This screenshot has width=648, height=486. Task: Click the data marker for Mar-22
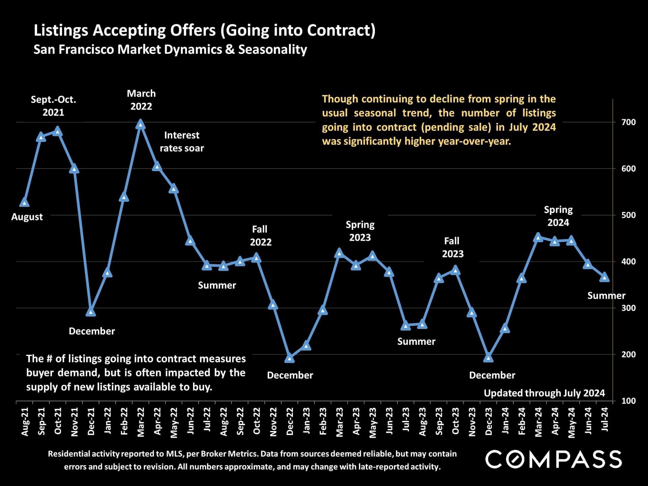pyautogui.click(x=141, y=125)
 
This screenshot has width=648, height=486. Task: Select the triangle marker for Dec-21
pyautogui.click(x=90, y=312)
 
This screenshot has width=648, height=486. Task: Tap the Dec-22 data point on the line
pyautogui.click(x=290, y=358)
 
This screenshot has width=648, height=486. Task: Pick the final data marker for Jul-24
pyautogui.click(x=604, y=277)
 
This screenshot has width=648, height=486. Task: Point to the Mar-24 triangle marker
pyautogui.click(x=538, y=238)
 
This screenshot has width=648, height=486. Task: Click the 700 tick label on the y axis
pyautogui.click(x=628, y=122)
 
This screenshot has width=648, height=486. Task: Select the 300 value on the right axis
pyautogui.click(x=628, y=308)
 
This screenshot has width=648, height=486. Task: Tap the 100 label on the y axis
pyautogui.click(x=628, y=401)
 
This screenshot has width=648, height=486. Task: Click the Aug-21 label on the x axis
pyautogui.click(x=25, y=422)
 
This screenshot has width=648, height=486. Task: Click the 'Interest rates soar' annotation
pyautogui.click(x=182, y=142)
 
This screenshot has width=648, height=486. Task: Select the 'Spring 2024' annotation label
pyautogui.click(x=558, y=216)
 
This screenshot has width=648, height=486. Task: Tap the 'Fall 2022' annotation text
pyautogui.click(x=260, y=236)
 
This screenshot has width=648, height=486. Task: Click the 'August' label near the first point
pyautogui.click(x=27, y=217)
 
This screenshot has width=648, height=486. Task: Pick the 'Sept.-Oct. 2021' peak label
pyautogui.click(x=53, y=106)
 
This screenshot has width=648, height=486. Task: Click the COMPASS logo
pyautogui.click(x=553, y=459)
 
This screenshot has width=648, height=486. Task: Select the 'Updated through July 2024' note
pyautogui.click(x=544, y=393)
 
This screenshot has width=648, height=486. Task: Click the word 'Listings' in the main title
pyautogui.click(x=61, y=30)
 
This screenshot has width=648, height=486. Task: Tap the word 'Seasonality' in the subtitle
pyautogui.click(x=273, y=50)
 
